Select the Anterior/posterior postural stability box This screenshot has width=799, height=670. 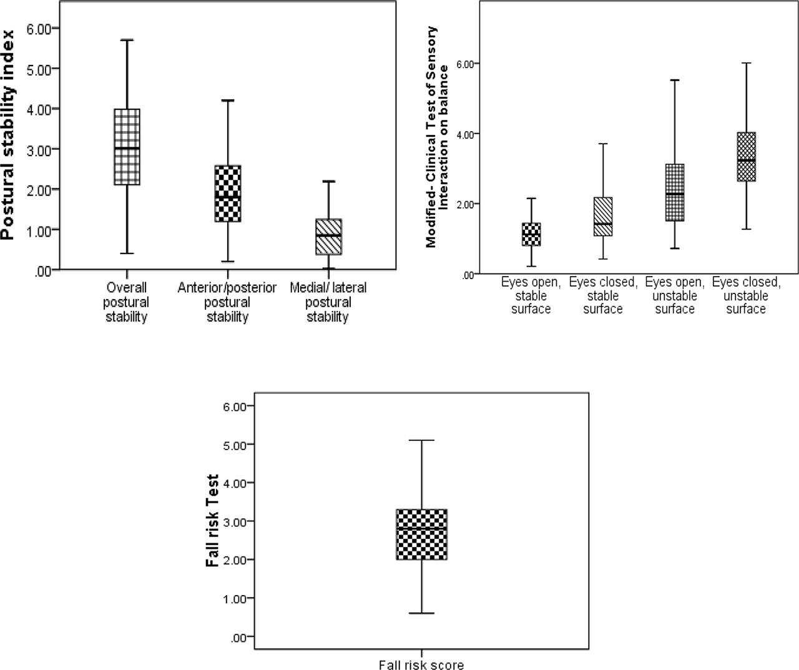click(227, 194)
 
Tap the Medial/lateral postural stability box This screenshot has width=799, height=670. click(328, 237)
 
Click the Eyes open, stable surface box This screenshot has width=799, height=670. click(531, 234)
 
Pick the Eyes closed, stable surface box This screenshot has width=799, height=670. click(603, 217)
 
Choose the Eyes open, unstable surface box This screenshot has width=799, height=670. click(675, 192)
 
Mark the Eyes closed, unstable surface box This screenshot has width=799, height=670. click(747, 157)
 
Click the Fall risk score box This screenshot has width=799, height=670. click(421, 535)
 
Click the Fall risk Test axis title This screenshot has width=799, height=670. click(213, 521)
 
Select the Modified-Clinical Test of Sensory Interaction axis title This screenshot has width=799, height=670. click(436, 137)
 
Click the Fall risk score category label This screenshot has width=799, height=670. click(421, 665)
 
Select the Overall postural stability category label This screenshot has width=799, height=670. click(126, 302)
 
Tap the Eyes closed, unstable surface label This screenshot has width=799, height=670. click(746, 295)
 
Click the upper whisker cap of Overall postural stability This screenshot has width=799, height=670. click(127, 40)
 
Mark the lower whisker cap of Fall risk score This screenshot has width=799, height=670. click(421, 613)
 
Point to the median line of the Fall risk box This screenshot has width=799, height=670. click(421, 528)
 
